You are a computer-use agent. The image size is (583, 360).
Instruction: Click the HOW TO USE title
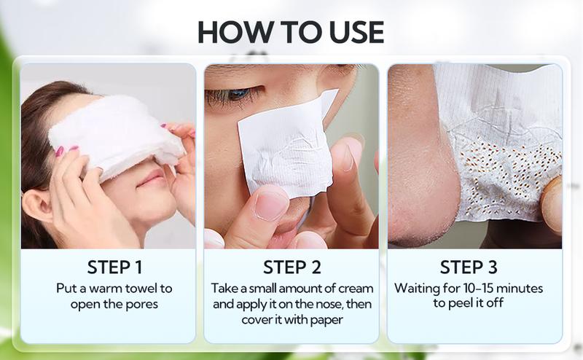coord(291,32)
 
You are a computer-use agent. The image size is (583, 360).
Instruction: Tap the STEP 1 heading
coord(114,267)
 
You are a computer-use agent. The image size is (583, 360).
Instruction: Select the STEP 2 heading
coord(292,267)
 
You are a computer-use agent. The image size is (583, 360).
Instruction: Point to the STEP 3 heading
coord(469,267)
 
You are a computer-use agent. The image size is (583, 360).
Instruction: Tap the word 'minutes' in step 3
coord(520,289)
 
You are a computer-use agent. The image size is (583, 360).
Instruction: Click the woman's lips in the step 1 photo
coord(151,179)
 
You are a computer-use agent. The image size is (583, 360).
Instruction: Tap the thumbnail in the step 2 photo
coord(270,205)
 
